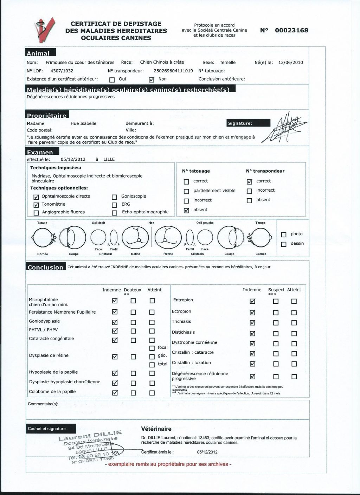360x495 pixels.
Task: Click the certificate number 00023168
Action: tap(291, 30)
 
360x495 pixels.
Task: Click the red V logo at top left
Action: tap(45, 30)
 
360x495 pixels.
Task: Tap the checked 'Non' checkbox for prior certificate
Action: tap(152, 79)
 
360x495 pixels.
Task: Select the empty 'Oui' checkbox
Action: tap(112, 79)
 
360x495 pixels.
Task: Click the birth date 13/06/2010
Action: tap(290, 63)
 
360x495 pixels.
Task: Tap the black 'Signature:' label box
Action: tap(249, 123)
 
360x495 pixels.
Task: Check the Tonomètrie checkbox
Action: tap(36, 205)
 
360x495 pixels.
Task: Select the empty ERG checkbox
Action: tap(114, 205)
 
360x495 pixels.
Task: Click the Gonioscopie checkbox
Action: tap(114, 197)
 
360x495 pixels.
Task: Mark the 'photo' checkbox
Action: tap(284, 234)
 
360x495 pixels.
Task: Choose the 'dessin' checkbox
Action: tap(284, 244)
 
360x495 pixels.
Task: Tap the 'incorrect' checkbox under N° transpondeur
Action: tap(249, 191)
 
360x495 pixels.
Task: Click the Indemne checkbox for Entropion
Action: tap(252, 301)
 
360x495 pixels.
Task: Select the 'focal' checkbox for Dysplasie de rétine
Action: tap(152, 348)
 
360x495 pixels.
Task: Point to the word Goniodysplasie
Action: tap(44, 321)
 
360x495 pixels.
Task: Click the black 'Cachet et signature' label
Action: tap(47, 429)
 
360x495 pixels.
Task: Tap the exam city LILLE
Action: tap(109, 159)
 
